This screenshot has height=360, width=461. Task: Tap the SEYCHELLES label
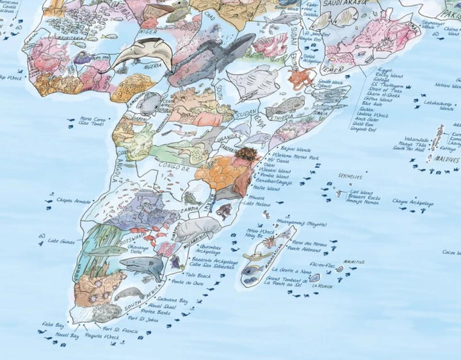tap(350, 176)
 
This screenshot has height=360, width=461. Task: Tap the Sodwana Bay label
tap(172, 300)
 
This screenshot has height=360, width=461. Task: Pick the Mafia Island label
tap(269, 188)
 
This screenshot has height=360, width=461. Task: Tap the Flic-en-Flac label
tap(321, 263)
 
